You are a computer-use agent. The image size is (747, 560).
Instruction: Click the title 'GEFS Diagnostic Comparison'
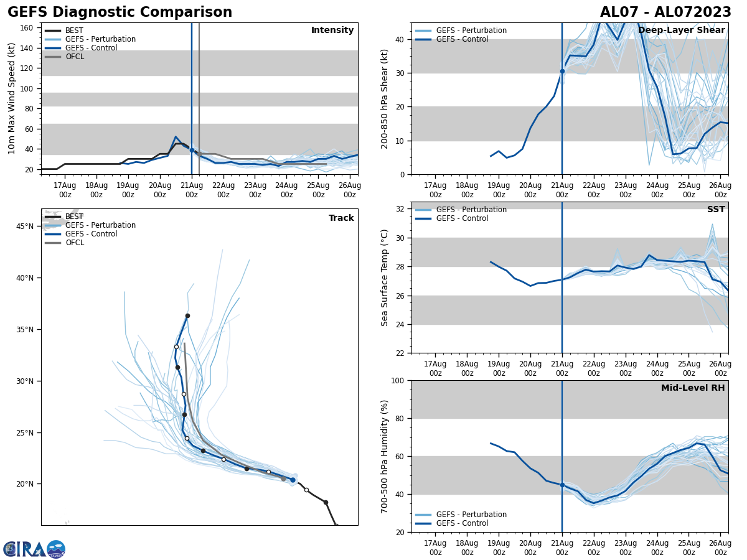120,12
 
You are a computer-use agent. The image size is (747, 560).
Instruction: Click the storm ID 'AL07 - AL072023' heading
665,12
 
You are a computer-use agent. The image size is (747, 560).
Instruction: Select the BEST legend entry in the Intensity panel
74,30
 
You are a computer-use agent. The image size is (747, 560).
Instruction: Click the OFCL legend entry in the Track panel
74,243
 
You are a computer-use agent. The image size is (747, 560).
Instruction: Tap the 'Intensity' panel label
332,30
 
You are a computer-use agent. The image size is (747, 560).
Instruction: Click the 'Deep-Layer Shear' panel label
682,30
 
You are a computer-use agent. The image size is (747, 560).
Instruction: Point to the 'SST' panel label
716,210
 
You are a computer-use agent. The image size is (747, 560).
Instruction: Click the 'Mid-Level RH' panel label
693,388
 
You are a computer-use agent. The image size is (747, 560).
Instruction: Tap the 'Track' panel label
341,218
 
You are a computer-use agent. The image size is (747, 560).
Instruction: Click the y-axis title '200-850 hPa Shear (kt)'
385,98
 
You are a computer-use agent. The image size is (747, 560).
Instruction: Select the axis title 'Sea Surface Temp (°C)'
385,278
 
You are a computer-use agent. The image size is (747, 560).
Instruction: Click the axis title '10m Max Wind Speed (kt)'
12,98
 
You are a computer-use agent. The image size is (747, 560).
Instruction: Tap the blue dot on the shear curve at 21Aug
562,71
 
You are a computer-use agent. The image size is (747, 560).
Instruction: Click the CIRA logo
34,549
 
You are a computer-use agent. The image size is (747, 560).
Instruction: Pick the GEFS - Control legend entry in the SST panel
462,218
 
